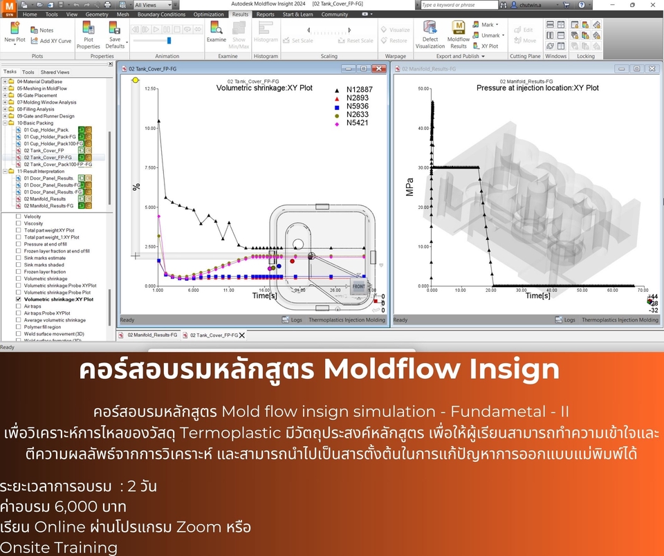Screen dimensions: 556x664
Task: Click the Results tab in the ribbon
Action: coord(240,14)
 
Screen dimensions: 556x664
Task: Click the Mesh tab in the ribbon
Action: coord(123,14)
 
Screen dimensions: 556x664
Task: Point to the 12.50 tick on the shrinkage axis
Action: coord(150,89)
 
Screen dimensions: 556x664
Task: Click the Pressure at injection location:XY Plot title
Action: coord(537,88)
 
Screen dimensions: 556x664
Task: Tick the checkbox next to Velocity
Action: coord(19,216)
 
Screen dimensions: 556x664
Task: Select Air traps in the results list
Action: coord(33,306)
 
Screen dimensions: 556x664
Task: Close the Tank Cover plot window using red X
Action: coord(379,68)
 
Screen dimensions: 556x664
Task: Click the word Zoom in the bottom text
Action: coord(199,527)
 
